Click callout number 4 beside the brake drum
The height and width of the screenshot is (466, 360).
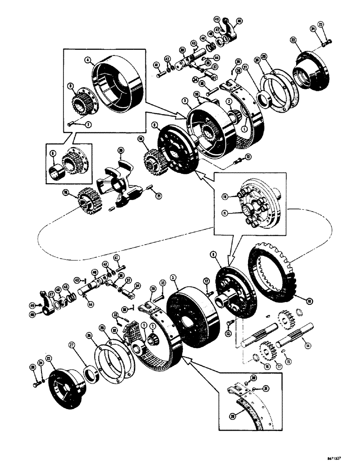pos(86,60)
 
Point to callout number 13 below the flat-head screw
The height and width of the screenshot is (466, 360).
pos(228,334)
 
